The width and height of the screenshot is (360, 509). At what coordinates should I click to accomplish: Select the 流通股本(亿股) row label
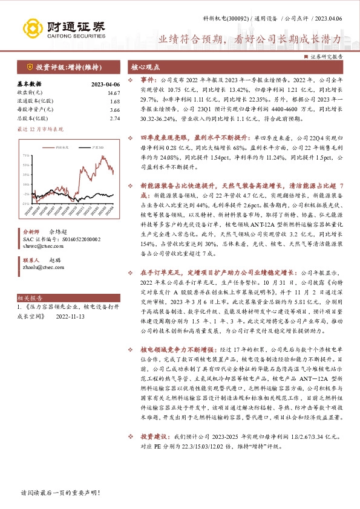tap(36, 102)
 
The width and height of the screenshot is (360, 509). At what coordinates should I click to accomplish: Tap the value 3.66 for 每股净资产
tap(114, 110)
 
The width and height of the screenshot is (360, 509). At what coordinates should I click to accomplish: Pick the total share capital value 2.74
tap(114, 118)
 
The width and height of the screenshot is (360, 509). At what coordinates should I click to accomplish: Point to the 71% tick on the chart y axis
tap(27, 155)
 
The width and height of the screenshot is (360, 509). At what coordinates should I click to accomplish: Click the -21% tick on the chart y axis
tap(27, 204)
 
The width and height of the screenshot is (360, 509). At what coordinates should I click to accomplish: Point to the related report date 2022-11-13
tap(71, 316)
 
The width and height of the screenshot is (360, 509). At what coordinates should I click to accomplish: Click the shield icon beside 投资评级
tap(30, 66)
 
